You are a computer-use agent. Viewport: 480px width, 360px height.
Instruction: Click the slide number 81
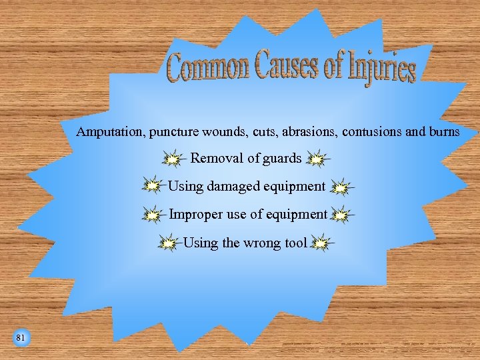(x=21, y=338)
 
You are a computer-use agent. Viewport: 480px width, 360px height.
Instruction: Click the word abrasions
(x=309, y=132)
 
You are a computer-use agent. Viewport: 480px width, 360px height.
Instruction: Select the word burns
(x=443, y=132)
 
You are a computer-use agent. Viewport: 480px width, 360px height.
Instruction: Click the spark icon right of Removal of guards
(x=317, y=159)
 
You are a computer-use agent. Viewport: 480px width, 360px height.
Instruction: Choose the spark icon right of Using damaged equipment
(x=341, y=188)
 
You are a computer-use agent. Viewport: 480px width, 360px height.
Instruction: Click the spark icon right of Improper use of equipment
(x=341, y=215)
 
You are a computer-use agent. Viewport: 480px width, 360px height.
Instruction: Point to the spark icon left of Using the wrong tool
(x=169, y=243)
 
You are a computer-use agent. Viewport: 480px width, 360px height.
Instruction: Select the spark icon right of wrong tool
(x=321, y=243)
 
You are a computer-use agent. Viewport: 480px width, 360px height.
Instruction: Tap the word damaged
(x=231, y=187)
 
